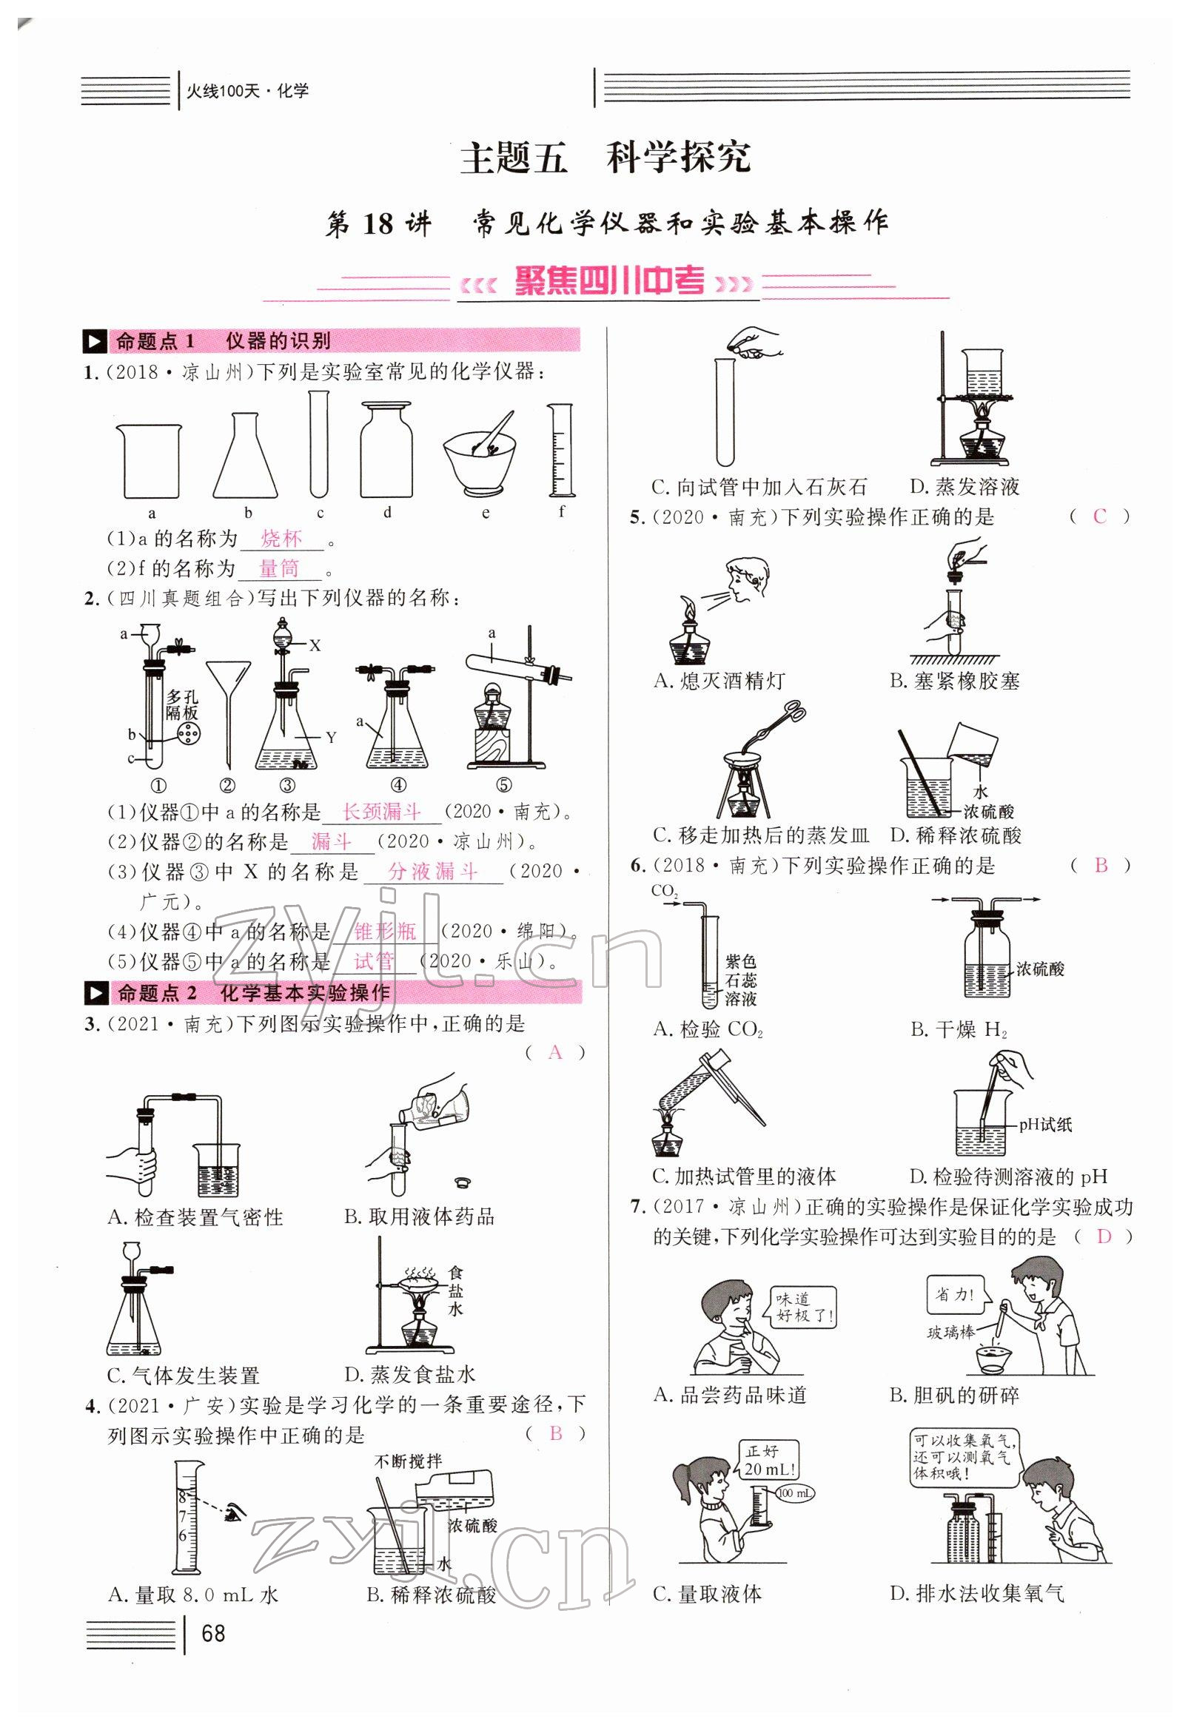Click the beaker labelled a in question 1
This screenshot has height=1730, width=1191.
(x=150, y=461)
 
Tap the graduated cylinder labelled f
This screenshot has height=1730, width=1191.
(x=561, y=451)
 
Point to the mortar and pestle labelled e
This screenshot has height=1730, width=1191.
(x=481, y=453)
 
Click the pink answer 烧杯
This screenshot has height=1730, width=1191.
(x=282, y=538)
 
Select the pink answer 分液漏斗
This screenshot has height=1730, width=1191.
(x=433, y=871)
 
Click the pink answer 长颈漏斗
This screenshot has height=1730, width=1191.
(x=381, y=811)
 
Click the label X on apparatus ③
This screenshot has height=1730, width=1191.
(x=315, y=645)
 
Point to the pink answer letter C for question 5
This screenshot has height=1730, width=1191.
(x=1099, y=516)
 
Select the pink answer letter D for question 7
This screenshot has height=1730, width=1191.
(x=1104, y=1237)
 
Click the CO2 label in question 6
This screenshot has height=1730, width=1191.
(x=664, y=891)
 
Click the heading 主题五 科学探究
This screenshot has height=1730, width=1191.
(x=605, y=158)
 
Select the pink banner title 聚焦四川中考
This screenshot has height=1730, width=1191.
(x=609, y=283)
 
